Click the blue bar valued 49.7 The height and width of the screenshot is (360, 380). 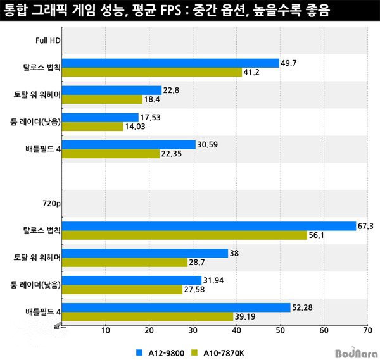point(171,63)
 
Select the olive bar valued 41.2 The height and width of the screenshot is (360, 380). point(152,72)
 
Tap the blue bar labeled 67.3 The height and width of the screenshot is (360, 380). point(209,226)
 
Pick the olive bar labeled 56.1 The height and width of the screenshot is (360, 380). point(184,235)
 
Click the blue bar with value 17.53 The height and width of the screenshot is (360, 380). point(100,117)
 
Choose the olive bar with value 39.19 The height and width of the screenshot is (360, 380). point(148,316)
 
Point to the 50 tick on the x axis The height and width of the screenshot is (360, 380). point(280,330)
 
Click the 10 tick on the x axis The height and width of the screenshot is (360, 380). point(105,330)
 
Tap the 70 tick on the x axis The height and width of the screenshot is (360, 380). point(367,330)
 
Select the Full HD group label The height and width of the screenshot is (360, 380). point(47,42)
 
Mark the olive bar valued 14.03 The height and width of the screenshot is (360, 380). point(92,127)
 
